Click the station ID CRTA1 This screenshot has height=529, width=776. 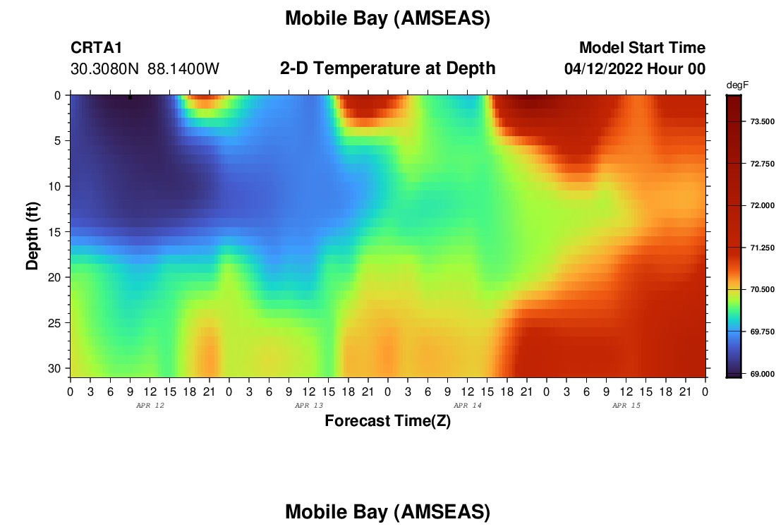[x=96, y=47]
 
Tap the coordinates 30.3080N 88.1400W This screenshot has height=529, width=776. [x=145, y=69]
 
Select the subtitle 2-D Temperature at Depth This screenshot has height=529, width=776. [x=387, y=68]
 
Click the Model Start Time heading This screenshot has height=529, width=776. [x=642, y=47]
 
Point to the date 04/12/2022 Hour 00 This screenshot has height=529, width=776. [x=634, y=69]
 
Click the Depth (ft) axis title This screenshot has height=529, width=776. [x=32, y=236]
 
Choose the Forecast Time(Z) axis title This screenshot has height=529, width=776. [x=387, y=420]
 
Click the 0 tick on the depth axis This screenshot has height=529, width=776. [x=57, y=95]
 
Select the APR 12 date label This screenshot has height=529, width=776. [x=150, y=406]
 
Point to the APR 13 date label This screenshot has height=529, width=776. [x=309, y=406]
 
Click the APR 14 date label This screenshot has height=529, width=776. [x=468, y=406]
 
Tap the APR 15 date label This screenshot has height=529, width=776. [x=626, y=406]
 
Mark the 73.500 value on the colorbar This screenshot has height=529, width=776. [x=762, y=122]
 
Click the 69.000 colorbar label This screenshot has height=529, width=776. [x=762, y=374]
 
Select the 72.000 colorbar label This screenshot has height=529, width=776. [x=762, y=205]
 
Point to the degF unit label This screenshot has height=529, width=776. [x=737, y=85]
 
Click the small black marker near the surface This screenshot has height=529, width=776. [x=131, y=97]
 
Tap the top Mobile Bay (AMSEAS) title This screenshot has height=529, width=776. [x=387, y=18]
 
